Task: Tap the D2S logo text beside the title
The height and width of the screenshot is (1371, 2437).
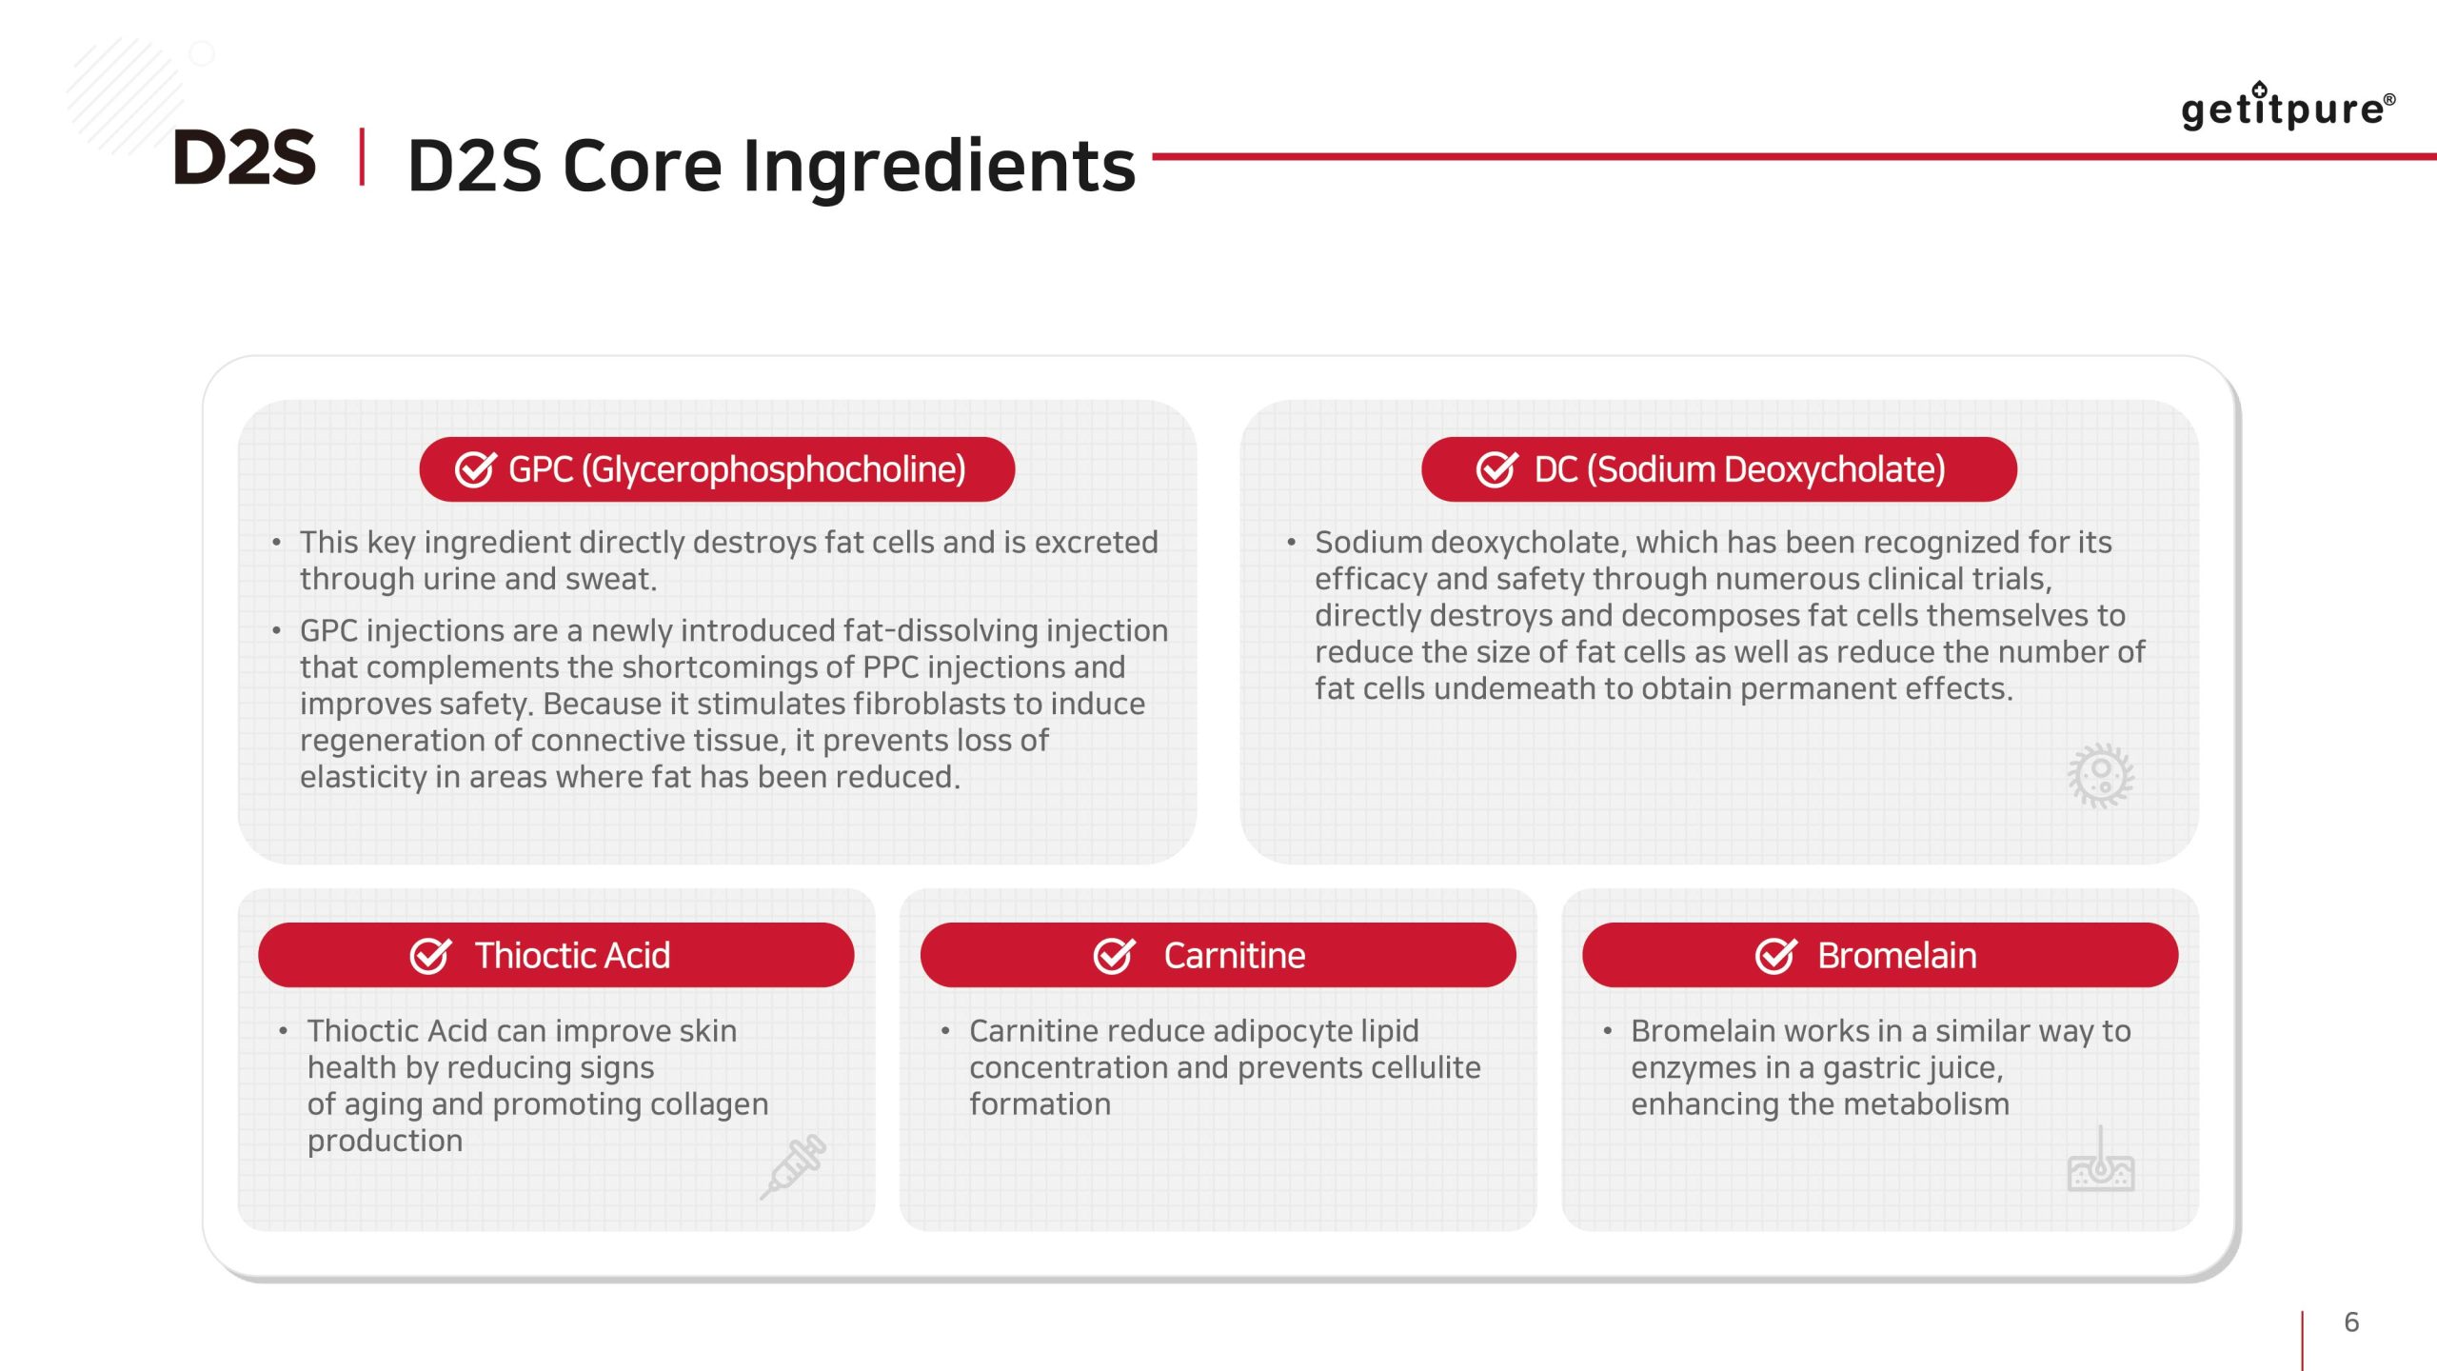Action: pos(245,157)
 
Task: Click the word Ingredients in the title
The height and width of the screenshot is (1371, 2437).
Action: pos(940,166)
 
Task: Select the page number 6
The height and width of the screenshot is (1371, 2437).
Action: pos(2351,1321)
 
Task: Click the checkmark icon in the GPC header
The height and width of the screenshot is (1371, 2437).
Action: pos(475,468)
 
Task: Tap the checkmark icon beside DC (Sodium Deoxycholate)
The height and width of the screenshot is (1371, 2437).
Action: pos(1496,468)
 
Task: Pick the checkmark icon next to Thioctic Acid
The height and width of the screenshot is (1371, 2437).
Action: pos(430,954)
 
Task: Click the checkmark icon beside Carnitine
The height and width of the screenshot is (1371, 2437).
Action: pos(1114,954)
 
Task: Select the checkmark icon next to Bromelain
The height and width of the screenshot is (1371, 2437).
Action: pos(1775,954)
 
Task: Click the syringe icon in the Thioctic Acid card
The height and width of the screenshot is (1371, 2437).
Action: pos(793,1166)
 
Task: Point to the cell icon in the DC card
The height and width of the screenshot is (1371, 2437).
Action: pos(2100,776)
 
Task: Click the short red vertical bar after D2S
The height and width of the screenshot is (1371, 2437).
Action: pos(362,156)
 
